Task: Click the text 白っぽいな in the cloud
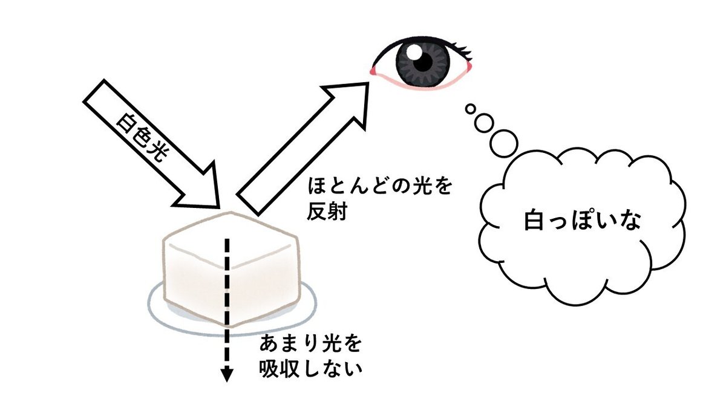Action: pyautogui.click(x=581, y=222)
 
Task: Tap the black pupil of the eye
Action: pyautogui.click(x=423, y=61)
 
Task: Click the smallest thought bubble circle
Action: pyautogui.click(x=469, y=109)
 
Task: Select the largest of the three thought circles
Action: pyautogui.click(x=503, y=143)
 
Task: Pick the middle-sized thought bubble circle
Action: pyautogui.click(x=484, y=123)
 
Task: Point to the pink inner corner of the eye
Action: pyautogui.click(x=376, y=72)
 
